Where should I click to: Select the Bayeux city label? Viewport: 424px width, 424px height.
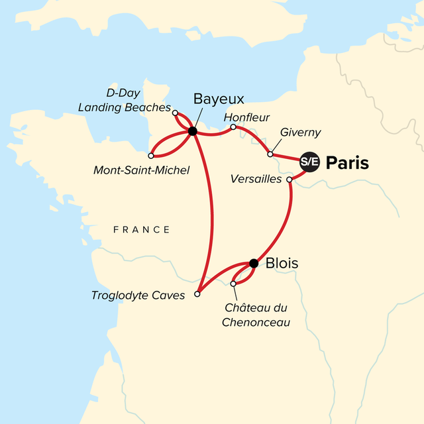(x=219, y=99)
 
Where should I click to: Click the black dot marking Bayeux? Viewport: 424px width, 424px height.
(x=192, y=131)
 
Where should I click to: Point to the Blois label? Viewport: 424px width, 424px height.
(x=282, y=264)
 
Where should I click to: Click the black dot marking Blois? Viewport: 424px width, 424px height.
(x=253, y=264)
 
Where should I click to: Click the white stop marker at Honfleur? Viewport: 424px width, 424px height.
(x=233, y=127)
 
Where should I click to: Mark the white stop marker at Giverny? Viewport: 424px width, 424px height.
(x=270, y=154)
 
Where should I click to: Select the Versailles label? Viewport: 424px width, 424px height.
(x=258, y=180)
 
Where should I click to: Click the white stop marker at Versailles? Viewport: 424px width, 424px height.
(x=289, y=180)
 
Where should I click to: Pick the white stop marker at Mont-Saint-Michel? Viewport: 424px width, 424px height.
(x=151, y=156)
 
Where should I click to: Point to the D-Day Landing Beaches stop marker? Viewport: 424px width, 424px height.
(x=175, y=113)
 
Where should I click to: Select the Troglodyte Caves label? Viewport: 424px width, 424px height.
(x=138, y=295)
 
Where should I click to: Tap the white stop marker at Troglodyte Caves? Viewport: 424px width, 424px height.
(x=197, y=293)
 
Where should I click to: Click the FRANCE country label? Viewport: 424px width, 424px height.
(x=141, y=230)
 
